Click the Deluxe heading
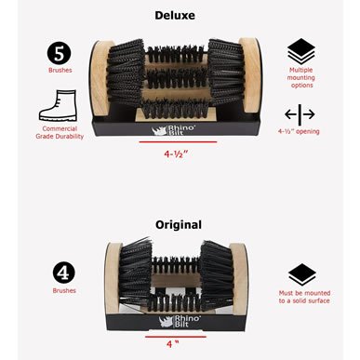(x=175, y=15)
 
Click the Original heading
(x=179, y=224)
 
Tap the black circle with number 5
(x=60, y=53)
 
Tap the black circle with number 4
(x=64, y=273)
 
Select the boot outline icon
(x=58, y=105)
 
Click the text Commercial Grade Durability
(x=60, y=132)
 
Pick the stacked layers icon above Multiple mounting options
(x=301, y=51)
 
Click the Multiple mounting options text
(x=300, y=77)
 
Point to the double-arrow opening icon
(x=300, y=114)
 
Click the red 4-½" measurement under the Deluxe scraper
(x=176, y=153)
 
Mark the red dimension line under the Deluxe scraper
(x=178, y=142)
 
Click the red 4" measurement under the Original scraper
(x=173, y=343)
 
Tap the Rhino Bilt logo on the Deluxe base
(x=173, y=130)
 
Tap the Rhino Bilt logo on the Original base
(x=180, y=321)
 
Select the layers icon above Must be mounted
(x=301, y=274)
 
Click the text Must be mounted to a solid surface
(x=304, y=297)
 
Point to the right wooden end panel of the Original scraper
(x=239, y=279)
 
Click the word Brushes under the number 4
(x=64, y=290)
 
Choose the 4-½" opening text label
(x=299, y=131)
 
